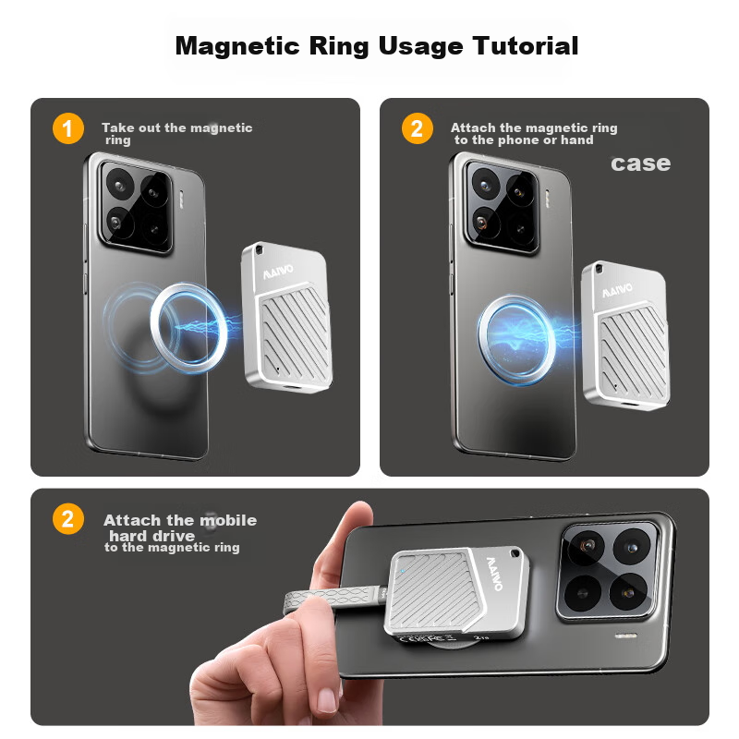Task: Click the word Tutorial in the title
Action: click(525, 46)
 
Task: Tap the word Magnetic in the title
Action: click(237, 47)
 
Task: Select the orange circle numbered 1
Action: click(68, 128)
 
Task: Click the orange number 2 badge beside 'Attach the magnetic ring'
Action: click(418, 128)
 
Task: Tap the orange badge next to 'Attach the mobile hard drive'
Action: click(68, 519)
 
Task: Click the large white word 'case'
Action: click(640, 164)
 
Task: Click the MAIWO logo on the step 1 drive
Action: click(278, 272)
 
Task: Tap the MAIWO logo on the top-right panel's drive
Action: click(617, 290)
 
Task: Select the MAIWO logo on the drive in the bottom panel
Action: click(494, 574)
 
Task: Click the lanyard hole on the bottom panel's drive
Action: click(515, 553)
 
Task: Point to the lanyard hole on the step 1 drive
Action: click(259, 250)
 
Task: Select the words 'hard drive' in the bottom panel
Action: click(151, 536)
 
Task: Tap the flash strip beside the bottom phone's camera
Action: click(626, 636)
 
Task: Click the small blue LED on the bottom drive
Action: click(403, 571)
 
